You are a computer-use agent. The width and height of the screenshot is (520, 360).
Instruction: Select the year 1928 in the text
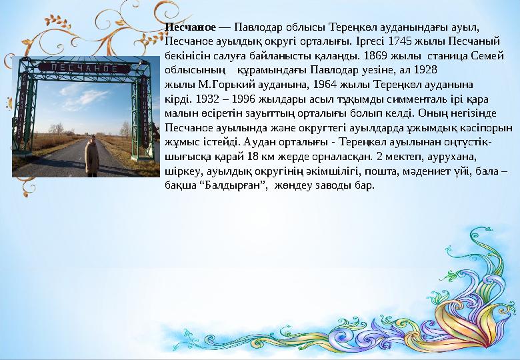[x=424, y=69]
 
